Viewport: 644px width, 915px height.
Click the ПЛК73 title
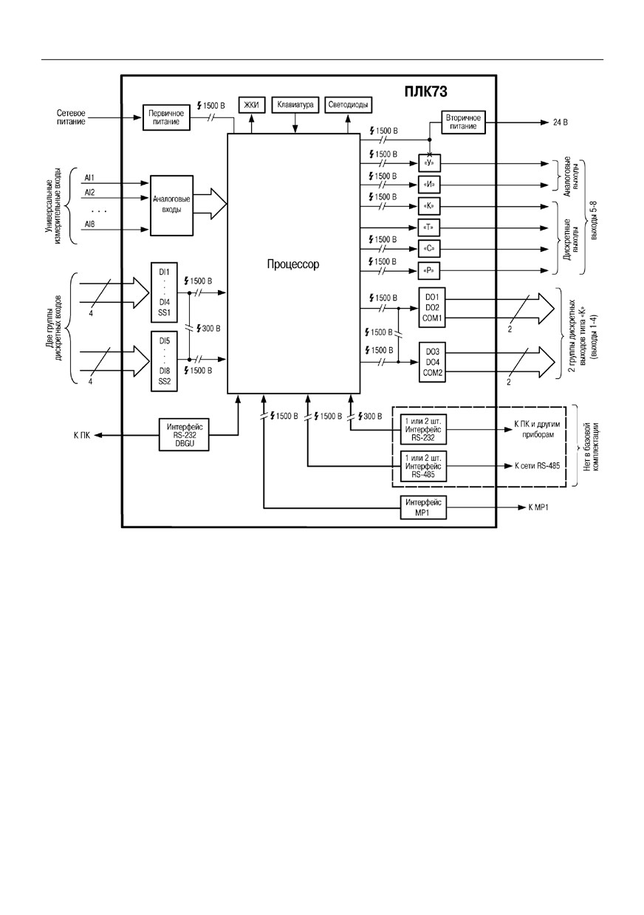[x=425, y=92]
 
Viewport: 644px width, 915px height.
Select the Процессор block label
[x=293, y=264]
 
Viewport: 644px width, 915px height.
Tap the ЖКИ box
[x=251, y=105]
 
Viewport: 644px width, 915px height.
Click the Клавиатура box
[x=295, y=105]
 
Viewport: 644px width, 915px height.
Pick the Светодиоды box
[x=348, y=105]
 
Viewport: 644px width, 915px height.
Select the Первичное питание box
[x=166, y=117]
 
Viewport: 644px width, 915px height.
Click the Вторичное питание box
[x=463, y=122]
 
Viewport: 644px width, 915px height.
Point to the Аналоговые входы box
[x=171, y=205]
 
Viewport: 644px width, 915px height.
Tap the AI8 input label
[x=89, y=225]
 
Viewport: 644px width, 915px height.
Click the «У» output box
[x=429, y=163]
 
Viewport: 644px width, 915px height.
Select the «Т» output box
[x=429, y=227]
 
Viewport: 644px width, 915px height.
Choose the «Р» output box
[x=429, y=270]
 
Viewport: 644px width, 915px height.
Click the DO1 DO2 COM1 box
[x=432, y=308]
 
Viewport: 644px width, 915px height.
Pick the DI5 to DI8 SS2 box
[x=164, y=361]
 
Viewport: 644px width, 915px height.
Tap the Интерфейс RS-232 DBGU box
[x=184, y=435]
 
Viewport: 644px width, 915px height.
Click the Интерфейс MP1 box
[x=423, y=507]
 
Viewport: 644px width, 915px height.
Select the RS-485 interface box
[x=423, y=466]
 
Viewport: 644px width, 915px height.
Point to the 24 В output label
[x=561, y=122]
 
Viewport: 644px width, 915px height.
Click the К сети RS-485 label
[x=537, y=466]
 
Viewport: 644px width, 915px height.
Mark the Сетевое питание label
[x=71, y=117]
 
